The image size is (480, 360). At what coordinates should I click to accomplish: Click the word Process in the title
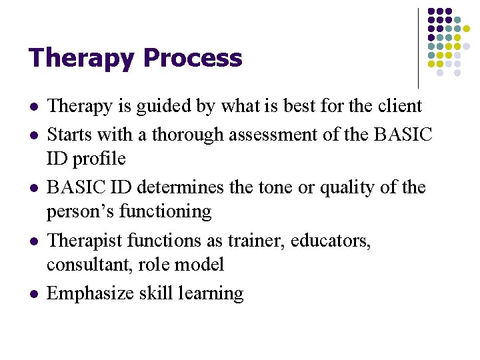(x=192, y=59)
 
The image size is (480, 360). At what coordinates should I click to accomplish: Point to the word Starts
(x=70, y=135)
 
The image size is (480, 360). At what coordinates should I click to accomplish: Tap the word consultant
(x=89, y=264)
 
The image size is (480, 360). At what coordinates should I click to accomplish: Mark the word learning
(x=212, y=293)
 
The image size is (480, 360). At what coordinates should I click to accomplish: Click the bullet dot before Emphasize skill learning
(x=34, y=293)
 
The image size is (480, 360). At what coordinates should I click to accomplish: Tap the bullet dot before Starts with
(x=34, y=135)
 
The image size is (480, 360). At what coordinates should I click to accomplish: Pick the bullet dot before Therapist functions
(x=34, y=241)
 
